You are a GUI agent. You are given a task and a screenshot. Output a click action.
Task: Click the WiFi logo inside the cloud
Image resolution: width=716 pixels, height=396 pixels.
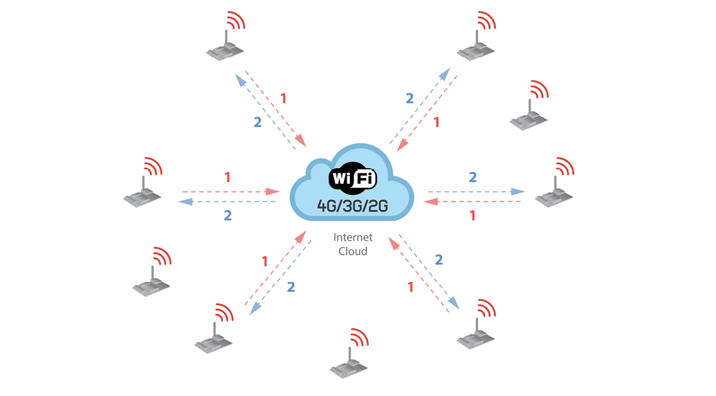353,178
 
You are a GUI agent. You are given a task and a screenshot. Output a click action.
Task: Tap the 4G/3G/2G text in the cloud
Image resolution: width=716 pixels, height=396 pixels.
353,206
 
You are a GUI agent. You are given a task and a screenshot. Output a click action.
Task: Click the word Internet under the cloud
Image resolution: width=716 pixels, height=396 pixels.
353,237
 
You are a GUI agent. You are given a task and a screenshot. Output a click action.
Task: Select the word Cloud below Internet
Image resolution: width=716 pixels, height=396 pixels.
353,251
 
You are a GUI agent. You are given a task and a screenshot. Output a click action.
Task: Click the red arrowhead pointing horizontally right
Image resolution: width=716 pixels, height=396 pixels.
273,192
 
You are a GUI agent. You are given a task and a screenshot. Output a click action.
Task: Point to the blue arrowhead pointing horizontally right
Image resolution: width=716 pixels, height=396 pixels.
518,192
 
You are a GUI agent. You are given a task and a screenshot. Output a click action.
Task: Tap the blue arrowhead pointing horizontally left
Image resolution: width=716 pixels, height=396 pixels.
185,201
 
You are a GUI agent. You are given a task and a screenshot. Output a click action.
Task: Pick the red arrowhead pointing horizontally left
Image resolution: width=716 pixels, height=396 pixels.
431,201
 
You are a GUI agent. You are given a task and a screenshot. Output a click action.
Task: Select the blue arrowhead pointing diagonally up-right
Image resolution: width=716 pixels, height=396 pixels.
445,75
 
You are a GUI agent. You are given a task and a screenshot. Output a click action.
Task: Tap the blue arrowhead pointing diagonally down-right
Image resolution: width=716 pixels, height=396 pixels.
453,303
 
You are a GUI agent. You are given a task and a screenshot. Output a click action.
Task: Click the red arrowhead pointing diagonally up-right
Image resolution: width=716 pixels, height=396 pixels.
301,237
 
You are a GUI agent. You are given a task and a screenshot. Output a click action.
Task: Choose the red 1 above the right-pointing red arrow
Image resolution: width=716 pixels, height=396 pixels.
227,177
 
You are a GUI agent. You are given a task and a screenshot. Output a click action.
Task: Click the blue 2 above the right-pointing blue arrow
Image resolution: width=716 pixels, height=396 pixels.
473,177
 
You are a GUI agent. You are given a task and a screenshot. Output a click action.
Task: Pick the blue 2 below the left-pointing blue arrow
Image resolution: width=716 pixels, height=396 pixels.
227,215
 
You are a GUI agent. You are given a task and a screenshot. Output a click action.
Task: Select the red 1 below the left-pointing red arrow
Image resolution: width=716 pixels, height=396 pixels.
473,215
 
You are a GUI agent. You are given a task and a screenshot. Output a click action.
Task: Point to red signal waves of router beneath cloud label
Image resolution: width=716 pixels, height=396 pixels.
359,337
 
